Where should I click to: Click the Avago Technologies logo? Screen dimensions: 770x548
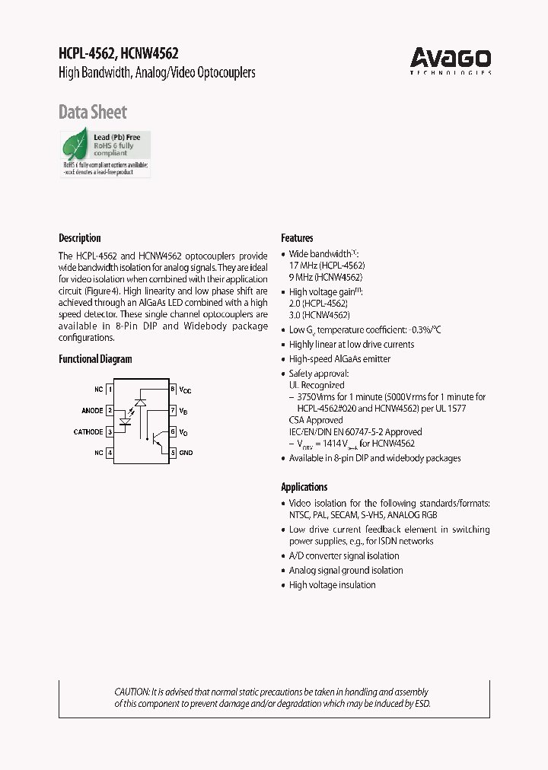(451, 59)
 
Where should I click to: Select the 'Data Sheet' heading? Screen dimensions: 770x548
(93, 113)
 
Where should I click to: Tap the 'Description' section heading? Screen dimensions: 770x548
(80, 238)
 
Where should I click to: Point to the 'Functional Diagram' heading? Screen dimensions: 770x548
(95, 359)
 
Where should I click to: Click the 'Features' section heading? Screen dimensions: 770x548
(297, 238)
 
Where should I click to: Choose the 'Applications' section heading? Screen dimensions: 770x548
(304, 487)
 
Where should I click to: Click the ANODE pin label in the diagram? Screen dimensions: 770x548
(92, 411)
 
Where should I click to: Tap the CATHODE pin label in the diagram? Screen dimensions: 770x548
(88, 432)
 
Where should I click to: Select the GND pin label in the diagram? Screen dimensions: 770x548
(186, 453)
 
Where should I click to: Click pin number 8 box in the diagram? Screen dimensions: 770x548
(173, 390)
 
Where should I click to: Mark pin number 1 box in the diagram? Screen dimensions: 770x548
(110, 390)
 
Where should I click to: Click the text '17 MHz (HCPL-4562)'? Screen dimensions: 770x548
(327, 266)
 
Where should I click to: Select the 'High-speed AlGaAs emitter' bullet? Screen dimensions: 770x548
(339, 359)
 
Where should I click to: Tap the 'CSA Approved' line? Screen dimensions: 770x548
(316, 420)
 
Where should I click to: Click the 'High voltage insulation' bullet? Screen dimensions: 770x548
(332, 585)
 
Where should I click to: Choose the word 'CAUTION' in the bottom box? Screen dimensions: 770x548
(132, 692)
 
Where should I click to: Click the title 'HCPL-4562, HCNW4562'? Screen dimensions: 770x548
(119, 53)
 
